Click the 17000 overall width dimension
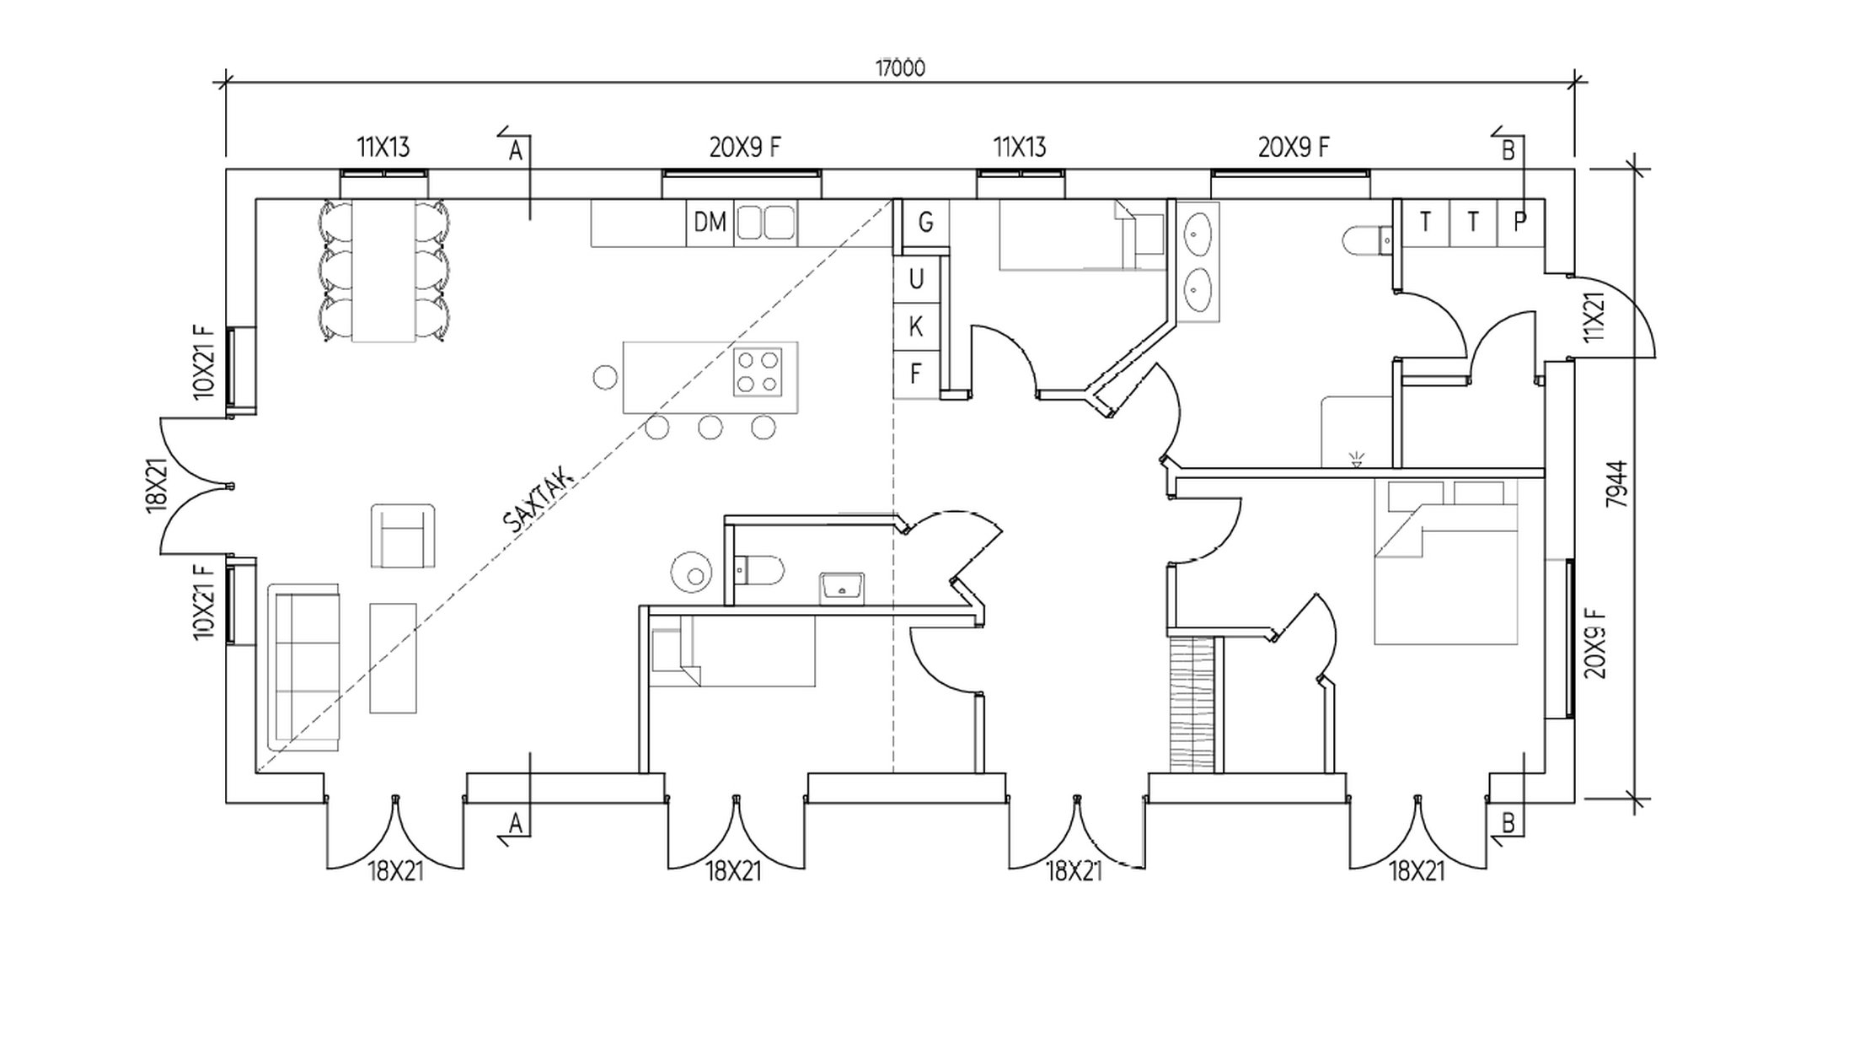coord(900,68)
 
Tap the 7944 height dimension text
coord(1617,483)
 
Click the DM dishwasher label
coord(710,223)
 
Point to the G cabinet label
coord(925,223)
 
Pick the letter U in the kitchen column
coord(916,279)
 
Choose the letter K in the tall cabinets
coord(916,326)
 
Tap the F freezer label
coord(916,373)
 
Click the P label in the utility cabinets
coord(1520,222)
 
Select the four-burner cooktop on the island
coord(757,373)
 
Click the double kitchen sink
coord(765,223)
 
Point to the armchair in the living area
coord(403,536)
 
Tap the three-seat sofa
coord(304,666)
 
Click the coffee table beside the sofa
coord(393,658)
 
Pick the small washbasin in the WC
coord(841,588)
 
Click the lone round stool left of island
coord(605,377)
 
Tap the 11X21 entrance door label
coord(1593,317)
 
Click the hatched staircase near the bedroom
coord(1192,704)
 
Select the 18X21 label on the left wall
coord(157,486)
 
